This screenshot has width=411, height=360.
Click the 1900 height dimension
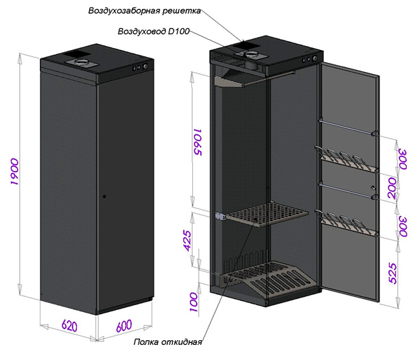(x=14, y=171)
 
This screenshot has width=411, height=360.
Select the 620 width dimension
(x=69, y=326)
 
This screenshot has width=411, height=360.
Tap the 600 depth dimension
(x=124, y=326)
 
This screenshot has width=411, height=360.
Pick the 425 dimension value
(x=188, y=241)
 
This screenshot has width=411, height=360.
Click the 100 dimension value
(x=193, y=302)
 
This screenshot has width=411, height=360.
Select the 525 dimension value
(x=393, y=273)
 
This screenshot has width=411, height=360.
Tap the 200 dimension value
(x=392, y=188)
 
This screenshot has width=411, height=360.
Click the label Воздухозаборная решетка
(x=144, y=11)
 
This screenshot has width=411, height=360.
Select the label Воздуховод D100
(x=153, y=31)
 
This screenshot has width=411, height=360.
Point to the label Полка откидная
(x=167, y=342)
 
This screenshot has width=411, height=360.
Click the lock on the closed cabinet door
(x=104, y=196)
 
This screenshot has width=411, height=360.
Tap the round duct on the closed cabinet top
(x=82, y=62)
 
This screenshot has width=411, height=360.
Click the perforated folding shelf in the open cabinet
(x=267, y=213)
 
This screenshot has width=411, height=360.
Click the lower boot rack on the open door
(x=346, y=223)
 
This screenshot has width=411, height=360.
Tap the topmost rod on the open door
(x=348, y=127)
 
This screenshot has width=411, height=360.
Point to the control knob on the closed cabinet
(x=145, y=67)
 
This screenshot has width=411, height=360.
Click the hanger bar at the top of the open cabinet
(x=269, y=77)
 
